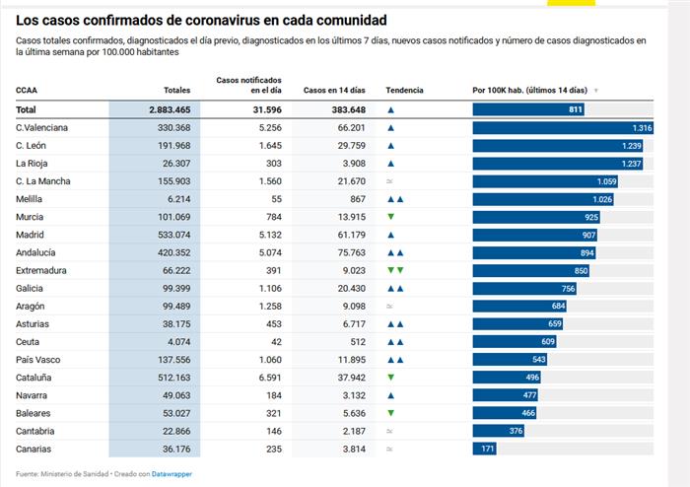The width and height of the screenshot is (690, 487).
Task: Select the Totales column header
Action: [176, 90]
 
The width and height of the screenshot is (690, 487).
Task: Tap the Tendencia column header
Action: [404, 90]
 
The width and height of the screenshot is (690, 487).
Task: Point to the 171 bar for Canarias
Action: [486, 449]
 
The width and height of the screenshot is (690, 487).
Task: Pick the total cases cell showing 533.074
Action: [169, 235]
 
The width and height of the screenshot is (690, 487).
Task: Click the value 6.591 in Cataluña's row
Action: [266, 378]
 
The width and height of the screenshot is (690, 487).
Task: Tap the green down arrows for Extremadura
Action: [395, 270]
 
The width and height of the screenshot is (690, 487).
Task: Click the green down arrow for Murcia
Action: [391, 217]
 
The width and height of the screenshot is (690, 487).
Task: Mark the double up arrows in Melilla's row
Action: [395, 199]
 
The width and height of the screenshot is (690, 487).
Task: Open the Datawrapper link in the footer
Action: [173, 474]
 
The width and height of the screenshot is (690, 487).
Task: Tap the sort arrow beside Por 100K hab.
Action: [596, 90]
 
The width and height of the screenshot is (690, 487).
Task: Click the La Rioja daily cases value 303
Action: [269, 164]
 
